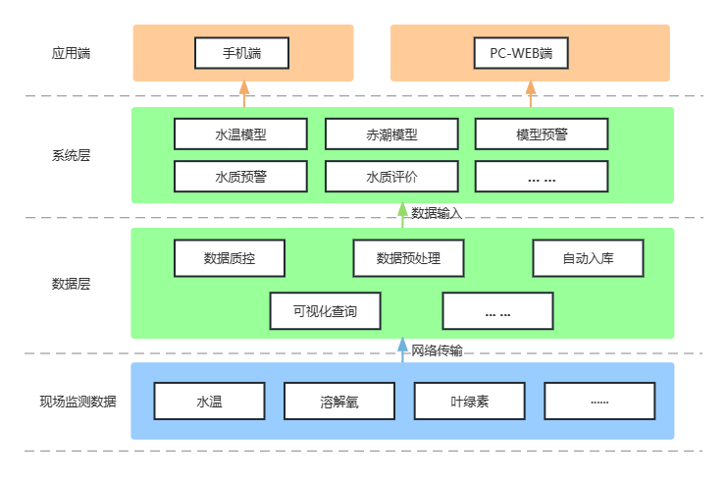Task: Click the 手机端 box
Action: pos(241,53)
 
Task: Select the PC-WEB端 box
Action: pos(530,53)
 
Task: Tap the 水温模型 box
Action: pos(240,134)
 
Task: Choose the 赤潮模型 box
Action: pos(391,134)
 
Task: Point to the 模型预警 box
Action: pos(542,134)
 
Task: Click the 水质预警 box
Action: pos(240,177)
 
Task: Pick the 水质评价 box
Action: pos(391,177)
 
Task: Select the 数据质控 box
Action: pos(230,258)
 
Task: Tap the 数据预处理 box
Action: pos(408,258)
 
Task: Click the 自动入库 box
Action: pos(588,258)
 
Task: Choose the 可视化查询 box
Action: pos(324,311)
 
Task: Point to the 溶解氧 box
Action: pos(339,401)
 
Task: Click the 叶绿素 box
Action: pos(469,401)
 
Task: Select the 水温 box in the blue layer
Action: pos(209,401)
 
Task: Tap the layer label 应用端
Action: pos(71,53)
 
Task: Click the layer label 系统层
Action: pos(71,155)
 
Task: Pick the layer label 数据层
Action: pos(71,284)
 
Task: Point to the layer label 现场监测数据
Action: pos(78,401)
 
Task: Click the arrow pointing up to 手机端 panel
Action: pos(244,94)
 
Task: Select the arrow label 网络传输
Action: pos(437,350)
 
